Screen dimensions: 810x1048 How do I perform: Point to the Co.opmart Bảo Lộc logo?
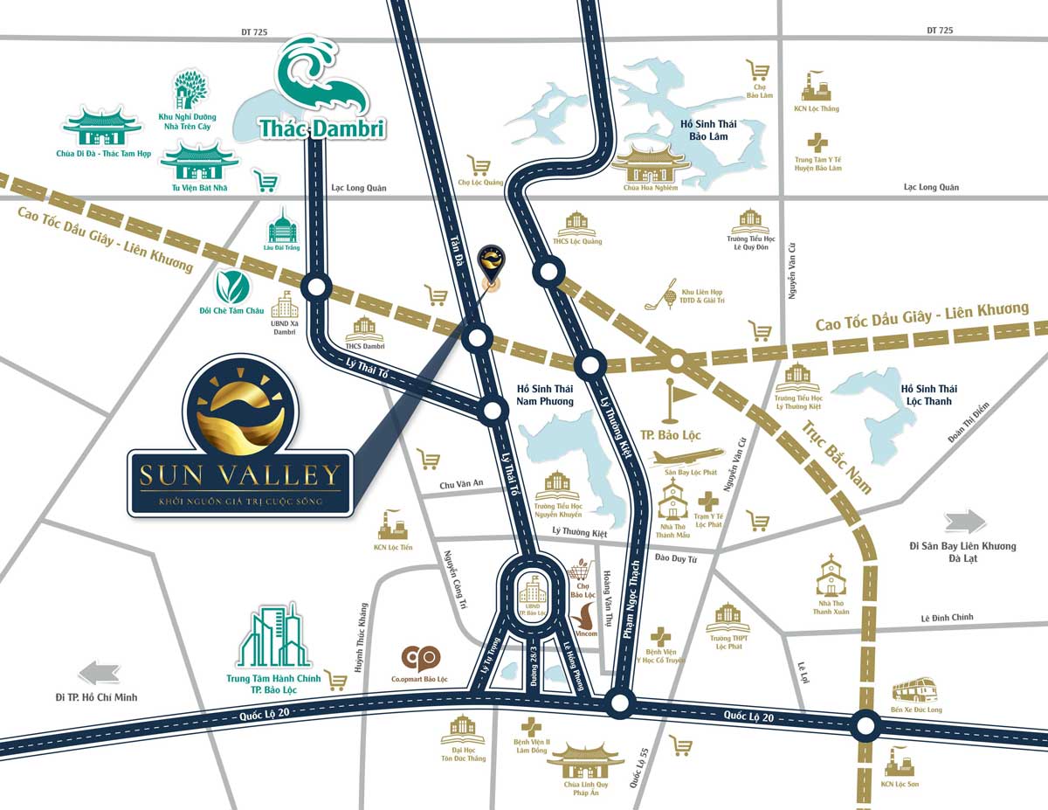[x=421, y=658]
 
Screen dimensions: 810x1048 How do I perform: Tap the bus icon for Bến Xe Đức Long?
[x=915, y=689]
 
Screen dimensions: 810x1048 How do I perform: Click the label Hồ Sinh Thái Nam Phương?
[x=545, y=395]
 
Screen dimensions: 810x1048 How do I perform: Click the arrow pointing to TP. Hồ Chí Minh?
[x=99, y=672]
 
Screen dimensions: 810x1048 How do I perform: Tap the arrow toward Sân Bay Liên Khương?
[x=965, y=522]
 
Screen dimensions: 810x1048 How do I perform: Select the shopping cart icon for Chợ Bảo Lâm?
[x=757, y=71]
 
